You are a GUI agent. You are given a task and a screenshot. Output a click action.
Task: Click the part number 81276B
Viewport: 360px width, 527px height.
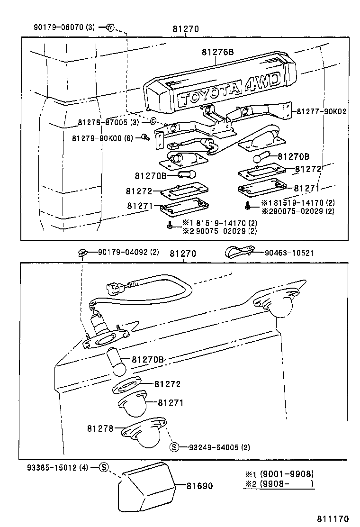(x=217, y=52)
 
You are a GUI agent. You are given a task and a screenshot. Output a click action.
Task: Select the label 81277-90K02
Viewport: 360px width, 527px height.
(x=322, y=112)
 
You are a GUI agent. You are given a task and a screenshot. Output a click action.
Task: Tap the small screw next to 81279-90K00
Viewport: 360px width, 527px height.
(x=144, y=137)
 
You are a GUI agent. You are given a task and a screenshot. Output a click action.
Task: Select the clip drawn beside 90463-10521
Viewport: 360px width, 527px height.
(x=238, y=252)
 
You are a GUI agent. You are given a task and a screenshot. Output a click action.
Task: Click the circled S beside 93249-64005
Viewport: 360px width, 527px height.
(x=174, y=447)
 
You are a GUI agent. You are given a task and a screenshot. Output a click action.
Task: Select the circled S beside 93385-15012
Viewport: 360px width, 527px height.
(x=104, y=467)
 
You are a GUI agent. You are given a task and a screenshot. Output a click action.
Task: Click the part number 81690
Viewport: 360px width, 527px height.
(x=199, y=486)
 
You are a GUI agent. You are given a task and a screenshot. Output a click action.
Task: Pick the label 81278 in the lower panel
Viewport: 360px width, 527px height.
(x=100, y=428)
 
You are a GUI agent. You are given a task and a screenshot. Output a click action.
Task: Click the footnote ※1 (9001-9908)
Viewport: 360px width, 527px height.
(x=279, y=474)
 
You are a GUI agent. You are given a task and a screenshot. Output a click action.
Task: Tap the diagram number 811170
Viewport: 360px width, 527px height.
(x=333, y=519)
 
